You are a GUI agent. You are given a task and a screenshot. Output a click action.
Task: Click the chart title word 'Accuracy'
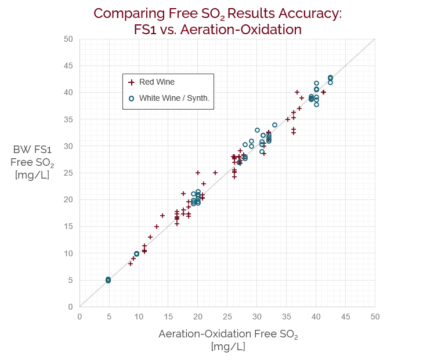(310, 13)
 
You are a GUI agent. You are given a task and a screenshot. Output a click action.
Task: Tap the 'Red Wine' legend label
(157, 82)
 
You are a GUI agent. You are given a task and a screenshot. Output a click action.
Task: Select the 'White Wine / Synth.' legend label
(174, 99)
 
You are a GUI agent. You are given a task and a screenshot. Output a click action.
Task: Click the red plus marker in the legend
(131, 83)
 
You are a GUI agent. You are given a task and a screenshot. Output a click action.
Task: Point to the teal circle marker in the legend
(131, 99)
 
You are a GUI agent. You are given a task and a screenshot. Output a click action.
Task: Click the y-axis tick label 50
(68, 39)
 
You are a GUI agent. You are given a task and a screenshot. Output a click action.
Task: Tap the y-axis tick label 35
(68, 119)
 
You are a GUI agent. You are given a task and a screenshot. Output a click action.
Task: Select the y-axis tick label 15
(68, 227)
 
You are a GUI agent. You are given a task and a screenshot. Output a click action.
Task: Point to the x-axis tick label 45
(345, 317)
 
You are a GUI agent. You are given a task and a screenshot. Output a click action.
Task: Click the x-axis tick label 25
(227, 317)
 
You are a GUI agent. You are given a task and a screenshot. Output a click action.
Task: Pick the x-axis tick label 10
(139, 317)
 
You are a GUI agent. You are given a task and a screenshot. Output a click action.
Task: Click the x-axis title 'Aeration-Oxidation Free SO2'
(227, 335)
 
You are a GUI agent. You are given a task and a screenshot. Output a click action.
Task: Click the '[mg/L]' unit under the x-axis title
(227, 347)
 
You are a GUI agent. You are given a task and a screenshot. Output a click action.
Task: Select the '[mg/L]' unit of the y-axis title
(32, 174)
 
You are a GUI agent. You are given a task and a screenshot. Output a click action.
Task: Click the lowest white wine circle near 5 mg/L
(108, 281)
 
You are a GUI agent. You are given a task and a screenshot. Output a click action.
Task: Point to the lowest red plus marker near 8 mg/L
(131, 264)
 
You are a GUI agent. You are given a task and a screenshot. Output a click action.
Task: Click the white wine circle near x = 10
(136, 254)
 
